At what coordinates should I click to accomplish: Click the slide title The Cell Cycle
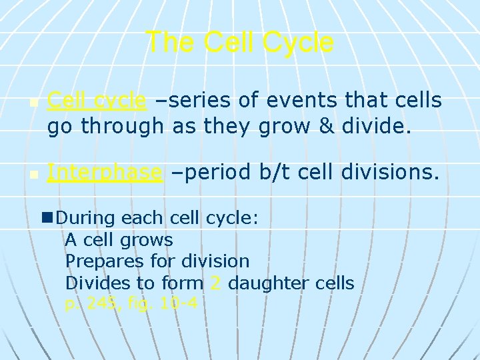tap(239, 42)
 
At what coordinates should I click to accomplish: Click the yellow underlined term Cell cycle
tap(97, 101)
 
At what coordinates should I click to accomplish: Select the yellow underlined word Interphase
tap(105, 173)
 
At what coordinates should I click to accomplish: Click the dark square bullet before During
tap(47, 217)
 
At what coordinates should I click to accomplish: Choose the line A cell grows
tap(119, 239)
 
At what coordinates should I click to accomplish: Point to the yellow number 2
tap(215, 283)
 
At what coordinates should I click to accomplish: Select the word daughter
tap(267, 283)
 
